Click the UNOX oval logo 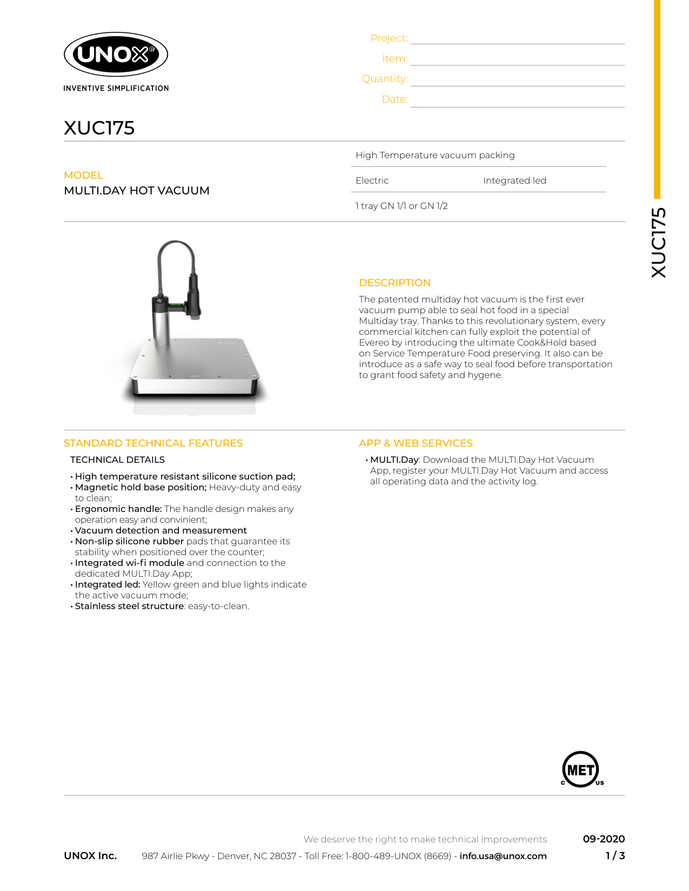(116, 54)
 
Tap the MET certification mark (581, 769)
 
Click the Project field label (389, 38)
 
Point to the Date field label (394, 99)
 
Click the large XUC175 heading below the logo (99, 128)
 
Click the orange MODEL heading (83, 175)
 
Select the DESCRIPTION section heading (394, 283)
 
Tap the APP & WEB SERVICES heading (416, 443)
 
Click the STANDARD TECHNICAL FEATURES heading (153, 443)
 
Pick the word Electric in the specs (372, 180)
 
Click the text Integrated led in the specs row (514, 180)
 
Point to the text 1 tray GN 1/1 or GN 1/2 (402, 206)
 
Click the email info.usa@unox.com (503, 856)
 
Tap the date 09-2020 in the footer (604, 839)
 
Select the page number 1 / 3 (615, 856)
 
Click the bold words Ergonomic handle (118, 509)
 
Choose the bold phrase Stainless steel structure (129, 606)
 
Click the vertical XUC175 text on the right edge (659, 243)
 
